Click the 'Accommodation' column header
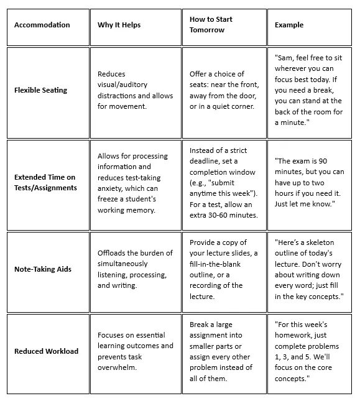[42, 25]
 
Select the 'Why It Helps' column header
[119, 25]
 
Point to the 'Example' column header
[289, 25]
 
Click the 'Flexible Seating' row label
[40, 90]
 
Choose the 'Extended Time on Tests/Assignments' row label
[45, 182]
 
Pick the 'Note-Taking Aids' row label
[43, 269]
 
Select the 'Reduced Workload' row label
[46, 351]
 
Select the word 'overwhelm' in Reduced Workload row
[119, 367]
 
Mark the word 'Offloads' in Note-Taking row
[113, 252]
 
